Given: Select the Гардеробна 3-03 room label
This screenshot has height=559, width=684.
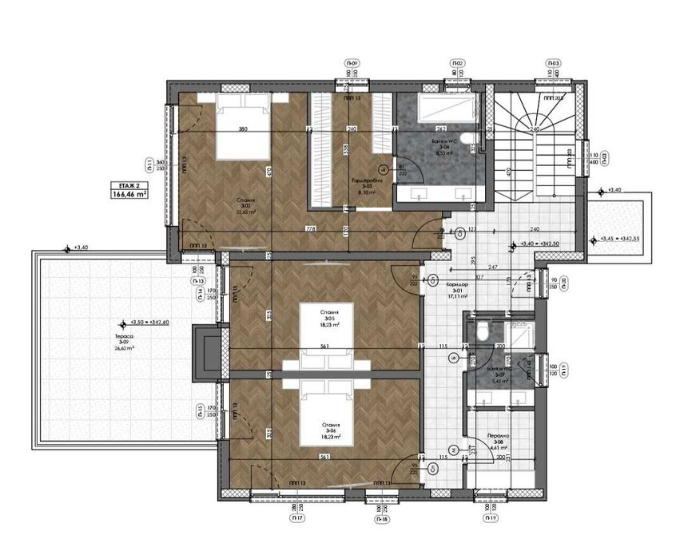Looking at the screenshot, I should [x=368, y=186].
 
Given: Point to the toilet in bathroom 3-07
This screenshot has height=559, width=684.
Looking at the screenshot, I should [x=482, y=331].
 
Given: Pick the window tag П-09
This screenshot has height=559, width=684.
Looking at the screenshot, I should [x=352, y=63].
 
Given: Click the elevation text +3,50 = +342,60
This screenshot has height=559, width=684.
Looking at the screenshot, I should [x=149, y=323].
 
